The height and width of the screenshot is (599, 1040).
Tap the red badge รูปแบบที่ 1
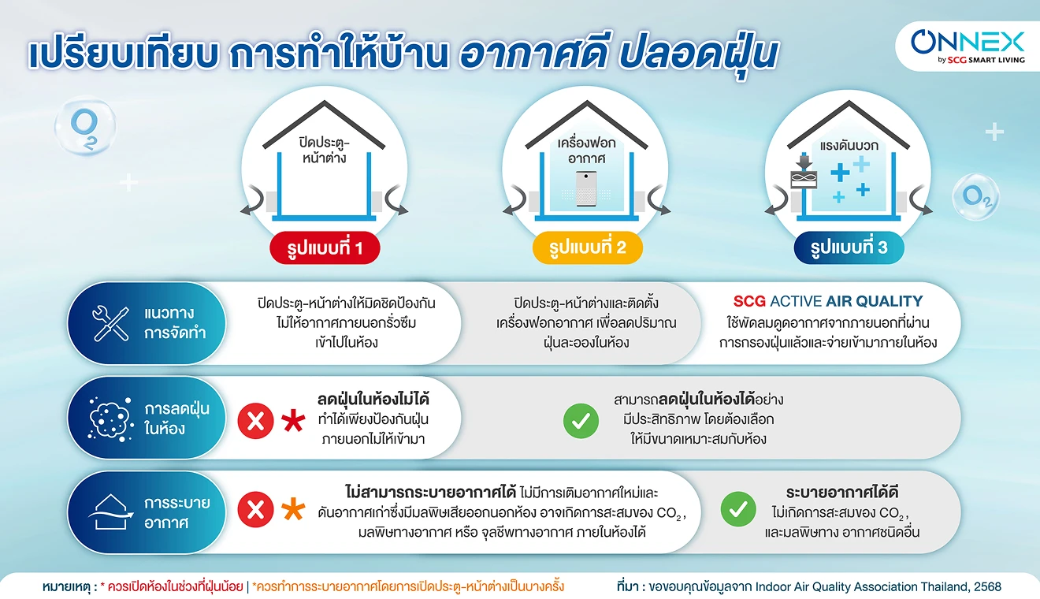[x=325, y=247]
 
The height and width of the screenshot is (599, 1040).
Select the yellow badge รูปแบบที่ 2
[x=587, y=247]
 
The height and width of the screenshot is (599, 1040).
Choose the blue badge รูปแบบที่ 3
[x=849, y=247]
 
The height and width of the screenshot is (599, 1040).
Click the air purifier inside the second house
[x=586, y=188]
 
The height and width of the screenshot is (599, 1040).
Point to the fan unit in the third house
[x=804, y=179]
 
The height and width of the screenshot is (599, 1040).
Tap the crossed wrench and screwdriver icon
[x=110, y=324]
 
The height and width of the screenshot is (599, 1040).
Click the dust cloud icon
[x=110, y=419]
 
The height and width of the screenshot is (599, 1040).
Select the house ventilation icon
[x=110, y=512]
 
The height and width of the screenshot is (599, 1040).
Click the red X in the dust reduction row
[x=255, y=421]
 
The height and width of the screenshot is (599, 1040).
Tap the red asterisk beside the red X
[x=293, y=421]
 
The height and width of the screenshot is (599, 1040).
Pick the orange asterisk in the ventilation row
[x=293, y=509]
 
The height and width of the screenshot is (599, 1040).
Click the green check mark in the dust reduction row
[x=581, y=421]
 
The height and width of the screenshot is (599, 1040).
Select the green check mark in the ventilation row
[x=738, y=509]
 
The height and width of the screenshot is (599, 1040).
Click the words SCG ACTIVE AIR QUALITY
[x=828, y=301]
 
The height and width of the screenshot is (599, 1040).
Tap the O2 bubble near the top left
[x=85, y=126]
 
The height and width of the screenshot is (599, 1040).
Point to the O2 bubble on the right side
[x=976, y=197]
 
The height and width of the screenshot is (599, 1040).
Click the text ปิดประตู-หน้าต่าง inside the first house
[x=324, y=150]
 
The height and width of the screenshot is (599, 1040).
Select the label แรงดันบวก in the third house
[x=849, y=146]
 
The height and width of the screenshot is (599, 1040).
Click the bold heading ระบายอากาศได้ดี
[x=841, y=492]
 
